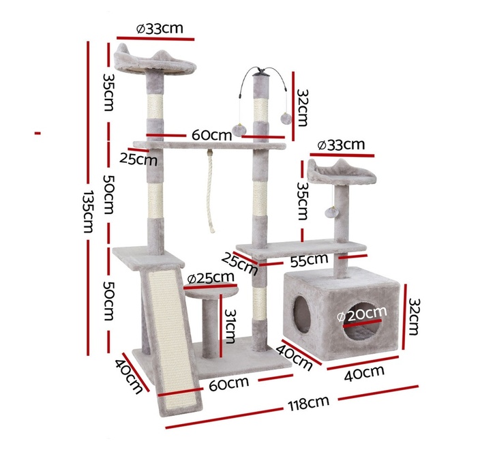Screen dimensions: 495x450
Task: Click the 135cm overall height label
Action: [x=89, y=211]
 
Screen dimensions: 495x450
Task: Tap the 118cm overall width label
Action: [x=308, y=403]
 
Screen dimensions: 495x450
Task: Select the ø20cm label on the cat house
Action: [x=362, y=314]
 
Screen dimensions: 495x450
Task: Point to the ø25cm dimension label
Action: [x=211, y=278]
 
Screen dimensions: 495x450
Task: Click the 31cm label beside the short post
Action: [x=230, y=326]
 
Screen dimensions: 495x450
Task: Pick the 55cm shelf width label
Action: [x=309, y=260]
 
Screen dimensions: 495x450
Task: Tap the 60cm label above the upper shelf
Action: [x=212, y=135]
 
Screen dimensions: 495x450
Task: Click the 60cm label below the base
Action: [x=229, y=383]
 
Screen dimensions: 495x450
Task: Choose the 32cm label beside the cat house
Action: [x=414, y=316]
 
